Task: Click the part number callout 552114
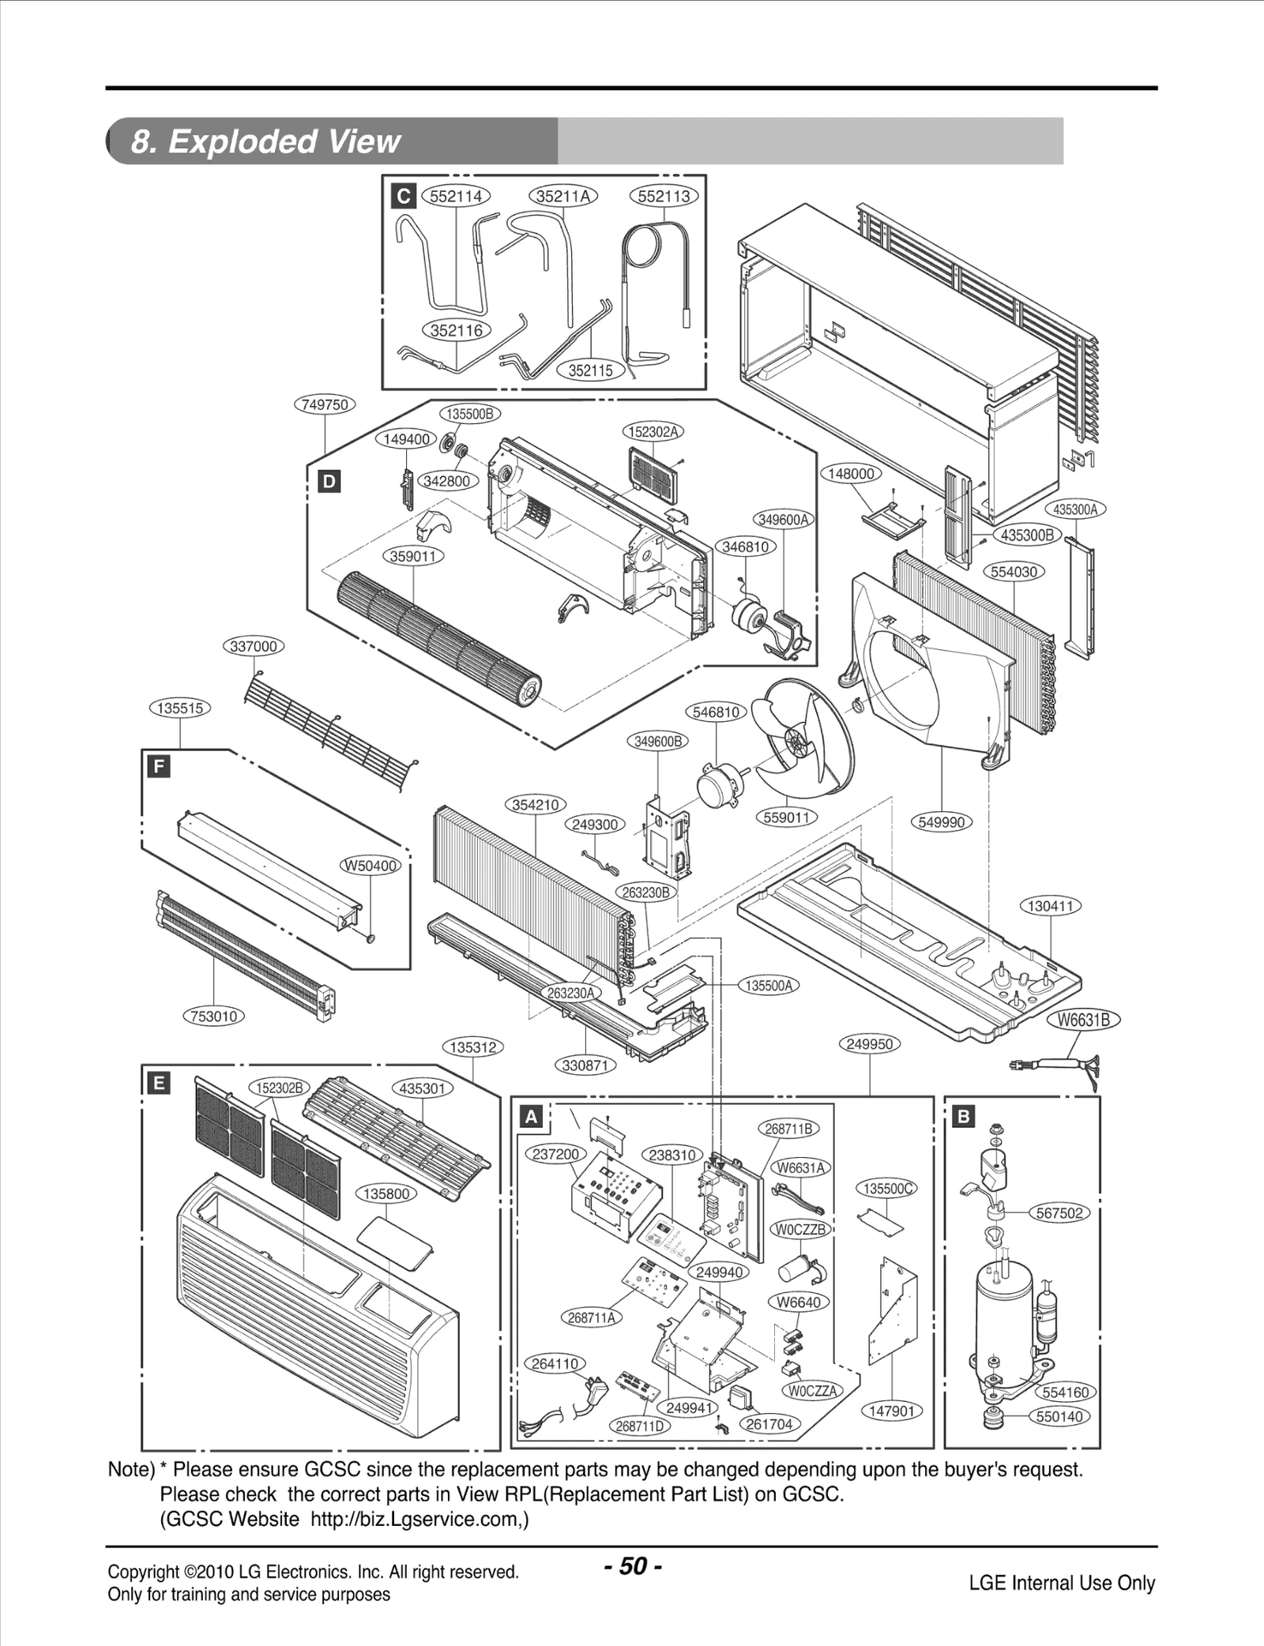click(456, 196)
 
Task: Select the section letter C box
click(404, 196)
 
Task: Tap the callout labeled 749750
click(325, 404)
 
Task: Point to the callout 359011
click(413, 556)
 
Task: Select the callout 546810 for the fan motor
click(716, 712)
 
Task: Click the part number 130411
click(1050, 906)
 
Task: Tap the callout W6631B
click(1084, 1020)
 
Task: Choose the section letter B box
click(964, 1117)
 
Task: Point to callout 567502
click(1059, 1212)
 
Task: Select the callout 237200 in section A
click(555, 1154)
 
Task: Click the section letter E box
click(159, 1083)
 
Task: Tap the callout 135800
click(386, 1193)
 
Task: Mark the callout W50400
click(371, 866)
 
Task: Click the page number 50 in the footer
click(633, 1565)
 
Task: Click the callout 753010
click(214, 1016)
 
